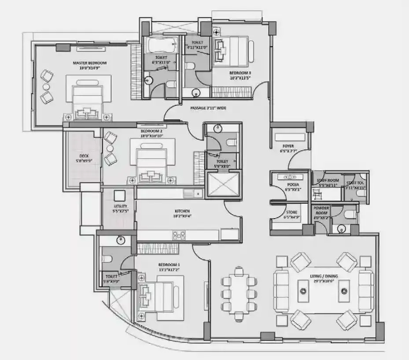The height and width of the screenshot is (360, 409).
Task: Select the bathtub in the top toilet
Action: pos(161,45)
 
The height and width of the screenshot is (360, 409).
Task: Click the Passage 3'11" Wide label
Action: pos(208,108)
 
